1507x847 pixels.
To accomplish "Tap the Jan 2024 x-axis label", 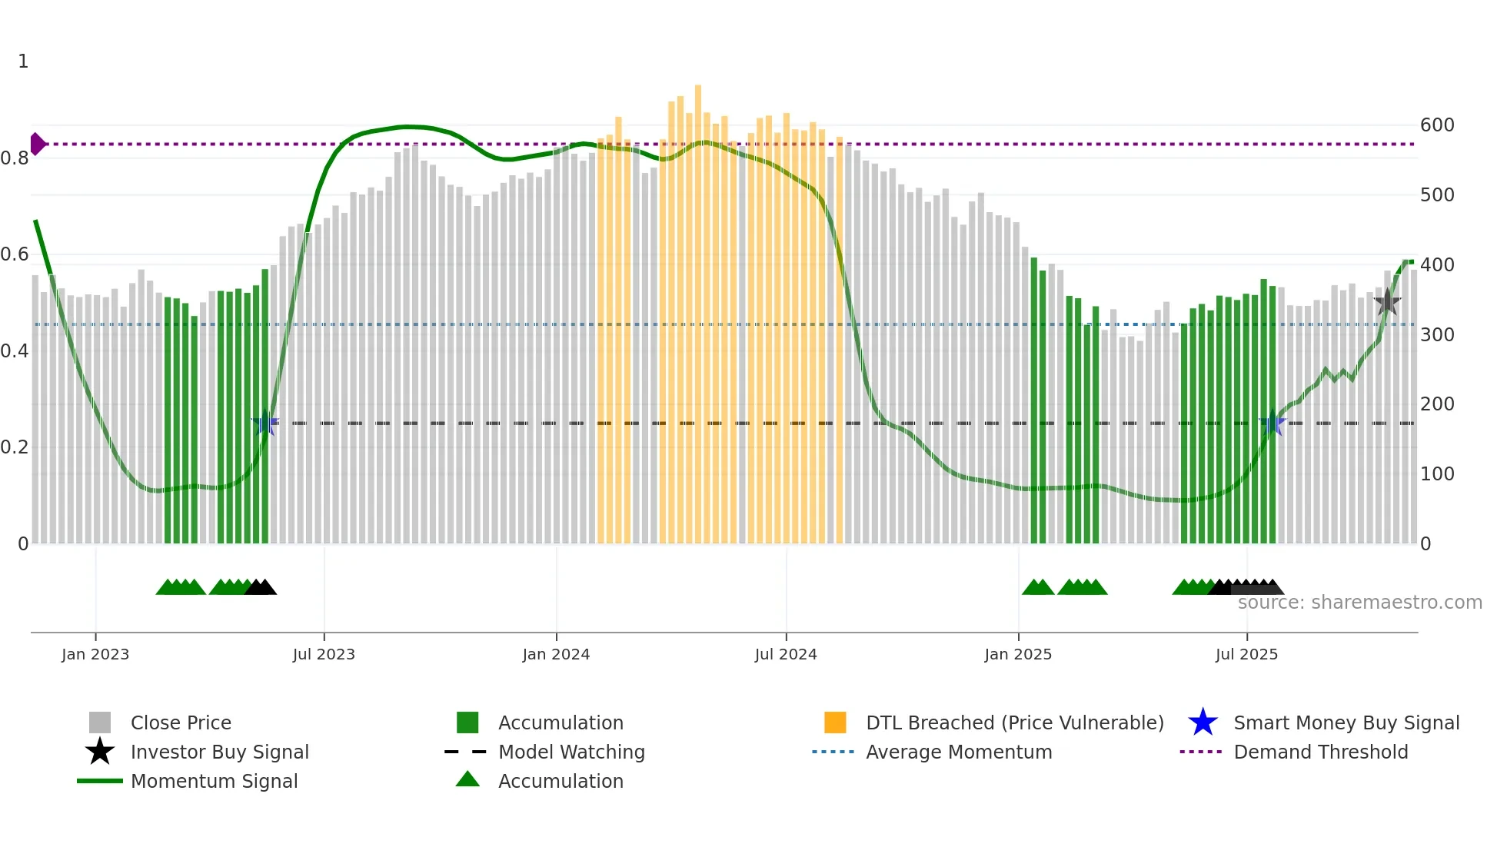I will point(556,654).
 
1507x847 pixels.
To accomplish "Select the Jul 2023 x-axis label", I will point(324,654).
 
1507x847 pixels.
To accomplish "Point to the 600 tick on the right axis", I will point(1437,125).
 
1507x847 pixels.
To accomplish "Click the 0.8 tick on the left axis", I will point(15,158).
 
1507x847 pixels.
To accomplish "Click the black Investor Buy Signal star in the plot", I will point(1387,302).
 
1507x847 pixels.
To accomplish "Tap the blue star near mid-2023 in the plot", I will point(265,423).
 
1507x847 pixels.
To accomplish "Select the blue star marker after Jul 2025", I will point(1272,423).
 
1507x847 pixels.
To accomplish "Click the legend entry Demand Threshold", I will point(1320,752).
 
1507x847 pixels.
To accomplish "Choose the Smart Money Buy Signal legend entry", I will point(1346,722).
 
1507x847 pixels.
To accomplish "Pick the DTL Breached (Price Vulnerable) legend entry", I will point(1014,722).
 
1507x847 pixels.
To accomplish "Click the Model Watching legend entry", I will point(571,752).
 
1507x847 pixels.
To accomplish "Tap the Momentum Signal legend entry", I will point(214,781).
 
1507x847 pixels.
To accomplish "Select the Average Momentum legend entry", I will point(958,752).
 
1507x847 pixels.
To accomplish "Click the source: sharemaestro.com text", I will point(1359,603).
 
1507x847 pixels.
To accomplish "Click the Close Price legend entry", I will point(180,722).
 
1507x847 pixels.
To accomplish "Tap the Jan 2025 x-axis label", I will point(1017,654).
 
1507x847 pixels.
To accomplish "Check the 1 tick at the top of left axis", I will point(23,61).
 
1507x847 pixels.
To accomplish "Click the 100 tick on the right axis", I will point(1437,474).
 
